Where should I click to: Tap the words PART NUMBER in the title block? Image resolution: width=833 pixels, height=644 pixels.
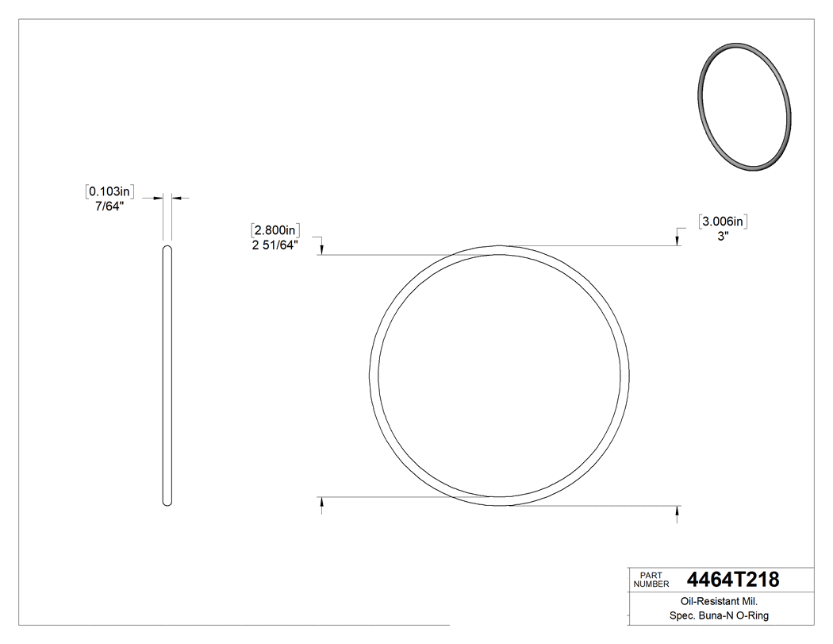pyautogui.click(x=652, y=580)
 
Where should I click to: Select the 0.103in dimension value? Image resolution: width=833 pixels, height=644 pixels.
pyautogui.click(x=110, y=191)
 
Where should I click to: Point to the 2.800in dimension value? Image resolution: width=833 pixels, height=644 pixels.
pyautogui.click(x=274, y=230)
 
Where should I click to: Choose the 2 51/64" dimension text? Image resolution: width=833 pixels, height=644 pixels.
pyautogui.click(x=274, y=245)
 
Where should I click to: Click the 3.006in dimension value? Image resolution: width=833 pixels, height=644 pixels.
pyautogui.click(x=724, y=222)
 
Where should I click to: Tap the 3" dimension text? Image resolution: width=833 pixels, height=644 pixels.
pyautogui.click(x=724, y=236)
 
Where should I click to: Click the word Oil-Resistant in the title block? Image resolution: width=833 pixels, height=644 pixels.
pyautogui.click(x=703, y=602)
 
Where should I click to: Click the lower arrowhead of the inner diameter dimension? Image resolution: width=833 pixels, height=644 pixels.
pyautogui.click(x=321, y=502)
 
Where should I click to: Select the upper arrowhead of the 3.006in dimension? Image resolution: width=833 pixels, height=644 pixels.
pyautogui.click(x=677, y=241)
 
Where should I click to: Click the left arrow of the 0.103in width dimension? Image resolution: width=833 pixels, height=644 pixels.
pyautogui.click(x=159, y=197)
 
